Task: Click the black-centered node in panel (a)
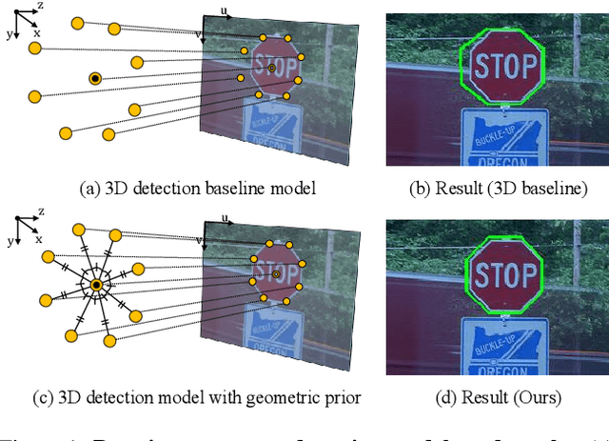tap(95, 78)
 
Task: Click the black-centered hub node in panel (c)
tap(96, 285)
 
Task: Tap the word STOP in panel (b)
tap(501, 68)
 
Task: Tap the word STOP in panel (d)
tap(505, 275)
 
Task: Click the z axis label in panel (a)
tap(40, 7)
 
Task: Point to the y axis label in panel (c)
tap(10, 241)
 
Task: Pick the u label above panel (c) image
tap(225, 219)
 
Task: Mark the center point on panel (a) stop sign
tap(271, 69)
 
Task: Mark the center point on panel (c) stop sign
tap(276, 274)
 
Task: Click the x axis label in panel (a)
tap(37, 32)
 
